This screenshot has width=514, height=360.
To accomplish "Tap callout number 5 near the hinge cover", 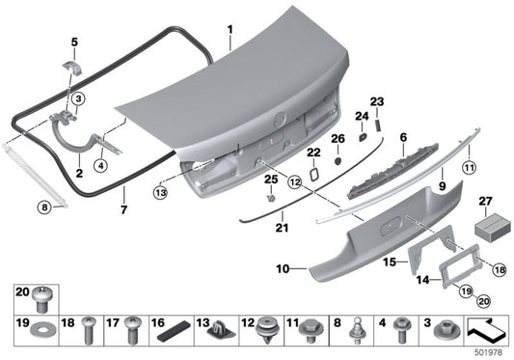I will coord(73,42).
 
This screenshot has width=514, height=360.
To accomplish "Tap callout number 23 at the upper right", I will coord(377,101).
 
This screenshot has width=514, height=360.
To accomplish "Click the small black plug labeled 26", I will coord(338,160).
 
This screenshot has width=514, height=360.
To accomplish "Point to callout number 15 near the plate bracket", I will coord(389,262).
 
